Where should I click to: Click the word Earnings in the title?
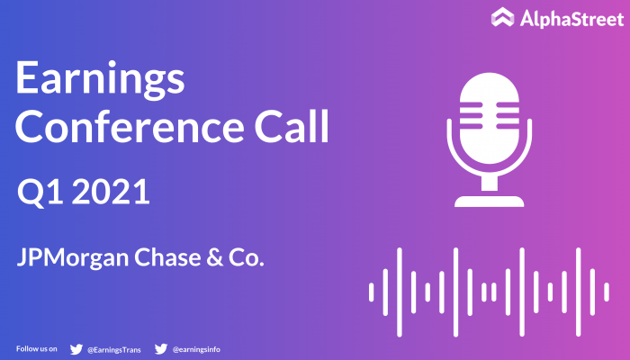tap(100, 79)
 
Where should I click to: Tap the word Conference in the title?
tap(130, 126)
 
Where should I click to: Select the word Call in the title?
tap(292, 126)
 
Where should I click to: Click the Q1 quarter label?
tap(40, 193)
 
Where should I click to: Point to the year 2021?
tap(112, 192)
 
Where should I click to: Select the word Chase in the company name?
tap(167, 257)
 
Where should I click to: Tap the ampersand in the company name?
tap(214, 257)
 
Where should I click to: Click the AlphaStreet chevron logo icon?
tap(502, 17)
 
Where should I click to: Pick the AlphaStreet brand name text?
tap(571, 19)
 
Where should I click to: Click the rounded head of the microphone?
tap(490, 118)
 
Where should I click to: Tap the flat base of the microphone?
tap(490, 202)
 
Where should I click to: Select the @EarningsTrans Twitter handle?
tap(114, 350)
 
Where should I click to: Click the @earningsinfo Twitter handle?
tap(196, 349)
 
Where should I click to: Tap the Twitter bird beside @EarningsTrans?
tap(76, 349)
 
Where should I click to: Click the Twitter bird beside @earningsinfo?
tap(161, 349)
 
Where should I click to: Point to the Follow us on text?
tap(37, 349)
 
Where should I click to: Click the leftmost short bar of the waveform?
tap(371, 292)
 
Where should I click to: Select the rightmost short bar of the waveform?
tap(607, 292)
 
